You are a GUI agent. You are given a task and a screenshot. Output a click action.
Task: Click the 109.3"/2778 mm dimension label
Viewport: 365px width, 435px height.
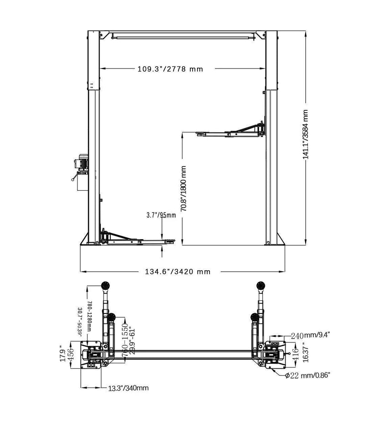tap(170, 69)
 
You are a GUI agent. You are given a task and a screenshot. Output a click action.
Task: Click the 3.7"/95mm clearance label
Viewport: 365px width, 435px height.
tap(161, 215)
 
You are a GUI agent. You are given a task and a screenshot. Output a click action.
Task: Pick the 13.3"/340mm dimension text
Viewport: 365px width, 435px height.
tap(129, 388)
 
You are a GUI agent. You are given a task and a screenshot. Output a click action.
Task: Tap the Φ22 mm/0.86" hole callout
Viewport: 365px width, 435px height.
tap(307, 375)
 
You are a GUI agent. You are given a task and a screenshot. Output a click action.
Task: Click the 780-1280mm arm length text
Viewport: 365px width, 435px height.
tap(89, 317)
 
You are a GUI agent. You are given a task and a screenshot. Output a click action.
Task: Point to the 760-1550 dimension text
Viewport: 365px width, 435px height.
tap(125, 338)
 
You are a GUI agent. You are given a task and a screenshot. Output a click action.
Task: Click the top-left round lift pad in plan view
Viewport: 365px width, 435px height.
tap(105, 285)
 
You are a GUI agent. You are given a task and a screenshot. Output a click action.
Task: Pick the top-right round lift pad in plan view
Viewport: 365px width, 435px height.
tap(262, 285)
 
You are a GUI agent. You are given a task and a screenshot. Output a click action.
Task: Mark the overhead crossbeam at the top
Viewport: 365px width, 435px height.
tap(182, 34)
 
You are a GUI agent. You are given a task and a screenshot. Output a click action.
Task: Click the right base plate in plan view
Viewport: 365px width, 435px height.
tap(275, 354)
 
